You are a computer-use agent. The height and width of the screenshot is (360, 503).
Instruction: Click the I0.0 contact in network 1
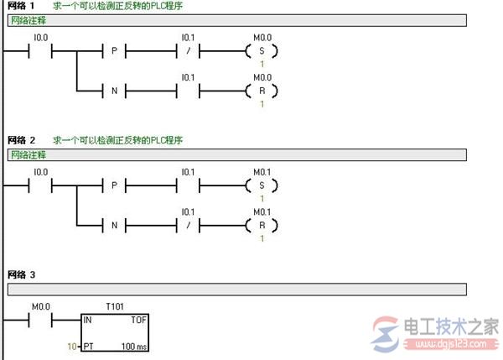click(40, 50)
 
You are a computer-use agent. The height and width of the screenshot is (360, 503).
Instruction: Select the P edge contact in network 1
click(114, 50)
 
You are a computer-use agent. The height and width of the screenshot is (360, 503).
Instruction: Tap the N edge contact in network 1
click(114, 91)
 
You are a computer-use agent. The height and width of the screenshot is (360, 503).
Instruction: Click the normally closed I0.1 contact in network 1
click(188, 50)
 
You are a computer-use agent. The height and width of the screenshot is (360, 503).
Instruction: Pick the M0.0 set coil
click(262, 50)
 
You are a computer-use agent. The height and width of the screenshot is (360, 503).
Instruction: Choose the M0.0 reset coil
click(262, 91)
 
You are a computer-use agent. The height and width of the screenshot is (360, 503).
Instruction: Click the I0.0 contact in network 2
click(40, 185)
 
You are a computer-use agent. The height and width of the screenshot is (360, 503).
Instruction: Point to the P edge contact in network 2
click(114, 185)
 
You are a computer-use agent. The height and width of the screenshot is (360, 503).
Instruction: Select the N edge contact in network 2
click(114, 226)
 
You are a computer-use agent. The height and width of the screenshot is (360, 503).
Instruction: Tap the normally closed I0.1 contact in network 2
click(188, 226)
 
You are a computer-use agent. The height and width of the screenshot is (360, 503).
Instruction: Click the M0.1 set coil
click(262, 185)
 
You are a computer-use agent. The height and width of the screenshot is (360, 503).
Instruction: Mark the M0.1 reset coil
click(262, 226)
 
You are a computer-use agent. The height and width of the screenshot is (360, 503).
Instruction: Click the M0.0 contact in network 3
click(40, 320)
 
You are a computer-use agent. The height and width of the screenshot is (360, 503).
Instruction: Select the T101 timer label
click(115, 306)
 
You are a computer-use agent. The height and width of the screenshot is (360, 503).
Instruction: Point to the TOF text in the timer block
click(138, 320)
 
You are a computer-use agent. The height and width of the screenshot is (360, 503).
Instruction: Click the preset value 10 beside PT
click(72, 347)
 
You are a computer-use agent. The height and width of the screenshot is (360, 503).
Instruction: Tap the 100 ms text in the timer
click(134, 347)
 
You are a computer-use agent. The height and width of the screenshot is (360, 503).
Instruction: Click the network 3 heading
click(21, 275)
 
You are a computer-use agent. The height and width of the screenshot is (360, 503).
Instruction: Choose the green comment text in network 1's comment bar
click(29, 20)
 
